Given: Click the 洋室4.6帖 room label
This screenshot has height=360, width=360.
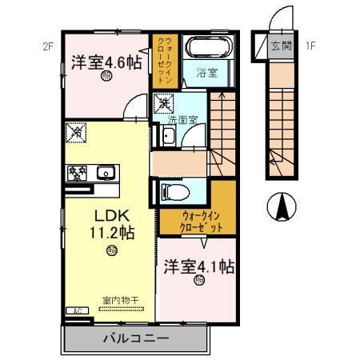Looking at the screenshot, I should [x=107, y=62].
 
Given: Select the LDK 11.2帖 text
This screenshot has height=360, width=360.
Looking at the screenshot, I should [x=110, y=225].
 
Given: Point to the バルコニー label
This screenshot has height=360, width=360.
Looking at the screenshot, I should [x=135, y=338].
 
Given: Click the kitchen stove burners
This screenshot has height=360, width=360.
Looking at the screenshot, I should [x=78, y=171].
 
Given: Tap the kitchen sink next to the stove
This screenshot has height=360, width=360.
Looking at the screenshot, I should [x=105, y=171].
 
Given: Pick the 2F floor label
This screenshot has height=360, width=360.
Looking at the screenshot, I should [x=48, y=46].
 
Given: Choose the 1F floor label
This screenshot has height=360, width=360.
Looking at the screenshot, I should [x=310, y=46].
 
